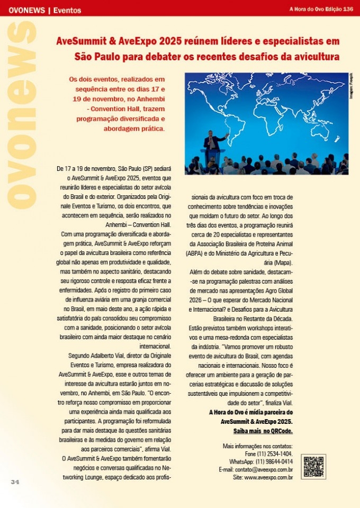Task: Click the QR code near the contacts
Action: pyautogui.click(x=313, y=466)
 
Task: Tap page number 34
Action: pyautogui.click(x=15, y=482)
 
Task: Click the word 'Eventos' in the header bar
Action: pyautogui.click(x=67, y=10)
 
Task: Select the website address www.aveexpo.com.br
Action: pyautogui.click(x=268, y=477)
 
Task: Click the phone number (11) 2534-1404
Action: pyautogui.click(x=273, y=454)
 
